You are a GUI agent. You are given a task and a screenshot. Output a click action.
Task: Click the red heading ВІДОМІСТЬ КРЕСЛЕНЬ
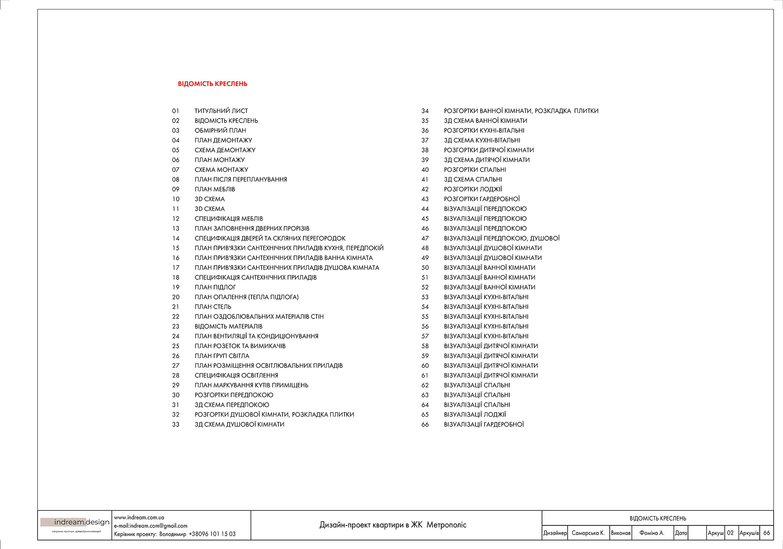pyautogui.click(x=212, y=84)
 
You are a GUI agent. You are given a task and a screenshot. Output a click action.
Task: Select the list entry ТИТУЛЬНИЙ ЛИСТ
pyautogui.click(x=221, y=111)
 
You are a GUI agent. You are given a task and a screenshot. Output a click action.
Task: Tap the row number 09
pyautogui.click(x=176, y=189)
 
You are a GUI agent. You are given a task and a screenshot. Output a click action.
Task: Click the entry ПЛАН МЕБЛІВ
pyautogui.click(x=215, y=189)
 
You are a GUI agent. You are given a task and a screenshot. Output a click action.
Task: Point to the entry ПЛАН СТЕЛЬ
pyautogui.click(x=213, y=307)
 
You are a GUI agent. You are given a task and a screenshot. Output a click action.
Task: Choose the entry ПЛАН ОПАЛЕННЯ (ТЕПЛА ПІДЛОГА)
pyautogui.click(x=246, y=297)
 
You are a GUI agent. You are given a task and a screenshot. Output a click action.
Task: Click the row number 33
pyautogui.click(x=176, y=424)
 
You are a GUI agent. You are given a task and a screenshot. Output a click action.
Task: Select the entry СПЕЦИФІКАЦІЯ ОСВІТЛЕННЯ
pyautogui.click(x=236, y=376)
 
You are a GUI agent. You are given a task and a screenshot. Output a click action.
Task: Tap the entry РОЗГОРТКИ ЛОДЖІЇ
pyautogui.click(x=473, y=189)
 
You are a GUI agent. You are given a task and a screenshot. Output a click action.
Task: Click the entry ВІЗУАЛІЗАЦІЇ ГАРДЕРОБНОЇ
pyautogui.click(x=484, y=424)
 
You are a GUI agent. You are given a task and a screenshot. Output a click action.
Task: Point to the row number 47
pyautogui.click(x=425, y=238)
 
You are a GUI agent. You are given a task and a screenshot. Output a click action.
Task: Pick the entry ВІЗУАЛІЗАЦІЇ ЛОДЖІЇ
pyautogui.click(x=475, y=415)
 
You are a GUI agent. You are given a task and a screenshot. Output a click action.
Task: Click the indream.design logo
pyautogui.click(x=75, y=523)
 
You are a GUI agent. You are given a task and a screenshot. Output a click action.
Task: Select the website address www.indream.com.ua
pyautogui.click(x=139, y=518)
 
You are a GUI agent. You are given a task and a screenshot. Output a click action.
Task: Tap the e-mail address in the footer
pyautogui.click(x=151, y=526)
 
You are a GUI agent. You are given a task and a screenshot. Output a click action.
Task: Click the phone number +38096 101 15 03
pyautogui.click(x=212, y=534)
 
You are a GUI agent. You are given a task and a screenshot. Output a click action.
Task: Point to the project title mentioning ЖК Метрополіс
pyautogui.click(x=393, y=525)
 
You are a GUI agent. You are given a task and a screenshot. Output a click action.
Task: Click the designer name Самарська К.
pyautogui.click(x=588, y=533)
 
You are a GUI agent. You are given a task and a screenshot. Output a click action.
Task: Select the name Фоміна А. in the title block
pyautogui.click(x=652, y=533)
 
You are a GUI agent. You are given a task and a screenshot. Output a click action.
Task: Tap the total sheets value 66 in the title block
pyautogui.click(x=766, y=533)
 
